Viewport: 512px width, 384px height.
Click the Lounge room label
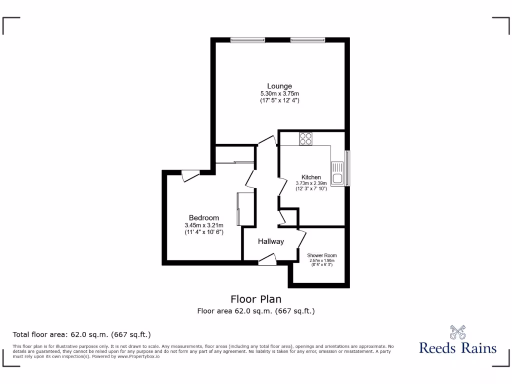pyautogui.click(x=279, y=86)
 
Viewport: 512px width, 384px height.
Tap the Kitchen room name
pyautogui.click(x=311, y=177)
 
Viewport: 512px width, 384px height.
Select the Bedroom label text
pyautogui.click(x=203, y=217)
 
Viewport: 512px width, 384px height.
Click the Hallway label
pyautogui.click(x=270, y=241)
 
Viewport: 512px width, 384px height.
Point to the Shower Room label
pyautogui.click(x=321, y=255)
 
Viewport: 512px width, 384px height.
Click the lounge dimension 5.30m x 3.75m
pyautogui.click(x=279, y=93)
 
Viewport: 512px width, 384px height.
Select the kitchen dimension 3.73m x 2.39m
pyautogui.click(x=311, y=183)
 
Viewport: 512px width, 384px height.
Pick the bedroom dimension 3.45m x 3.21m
pyautogui.click(x=203, y=225)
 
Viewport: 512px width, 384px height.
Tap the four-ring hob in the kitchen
pyautogui.click(x=305, y=138)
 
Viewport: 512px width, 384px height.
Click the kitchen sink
pyautogui.click(x=337, y=173)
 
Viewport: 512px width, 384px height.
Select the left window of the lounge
pyautogui.click(x=247, y=40)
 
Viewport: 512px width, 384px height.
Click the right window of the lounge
pyautogui.click(x=307, y=40)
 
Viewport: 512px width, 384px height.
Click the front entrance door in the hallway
pyautogui.click(x=267, y=259)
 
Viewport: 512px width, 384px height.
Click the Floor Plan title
pyautogui.click(x=255, y=299)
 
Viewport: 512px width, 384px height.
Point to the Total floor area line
pyautogui.click(x=81, y=334)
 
